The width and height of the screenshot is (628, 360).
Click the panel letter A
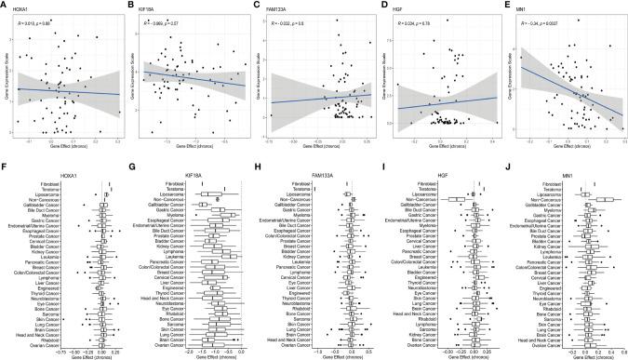click(5, 5)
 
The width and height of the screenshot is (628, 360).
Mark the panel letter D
click(381, 5)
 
